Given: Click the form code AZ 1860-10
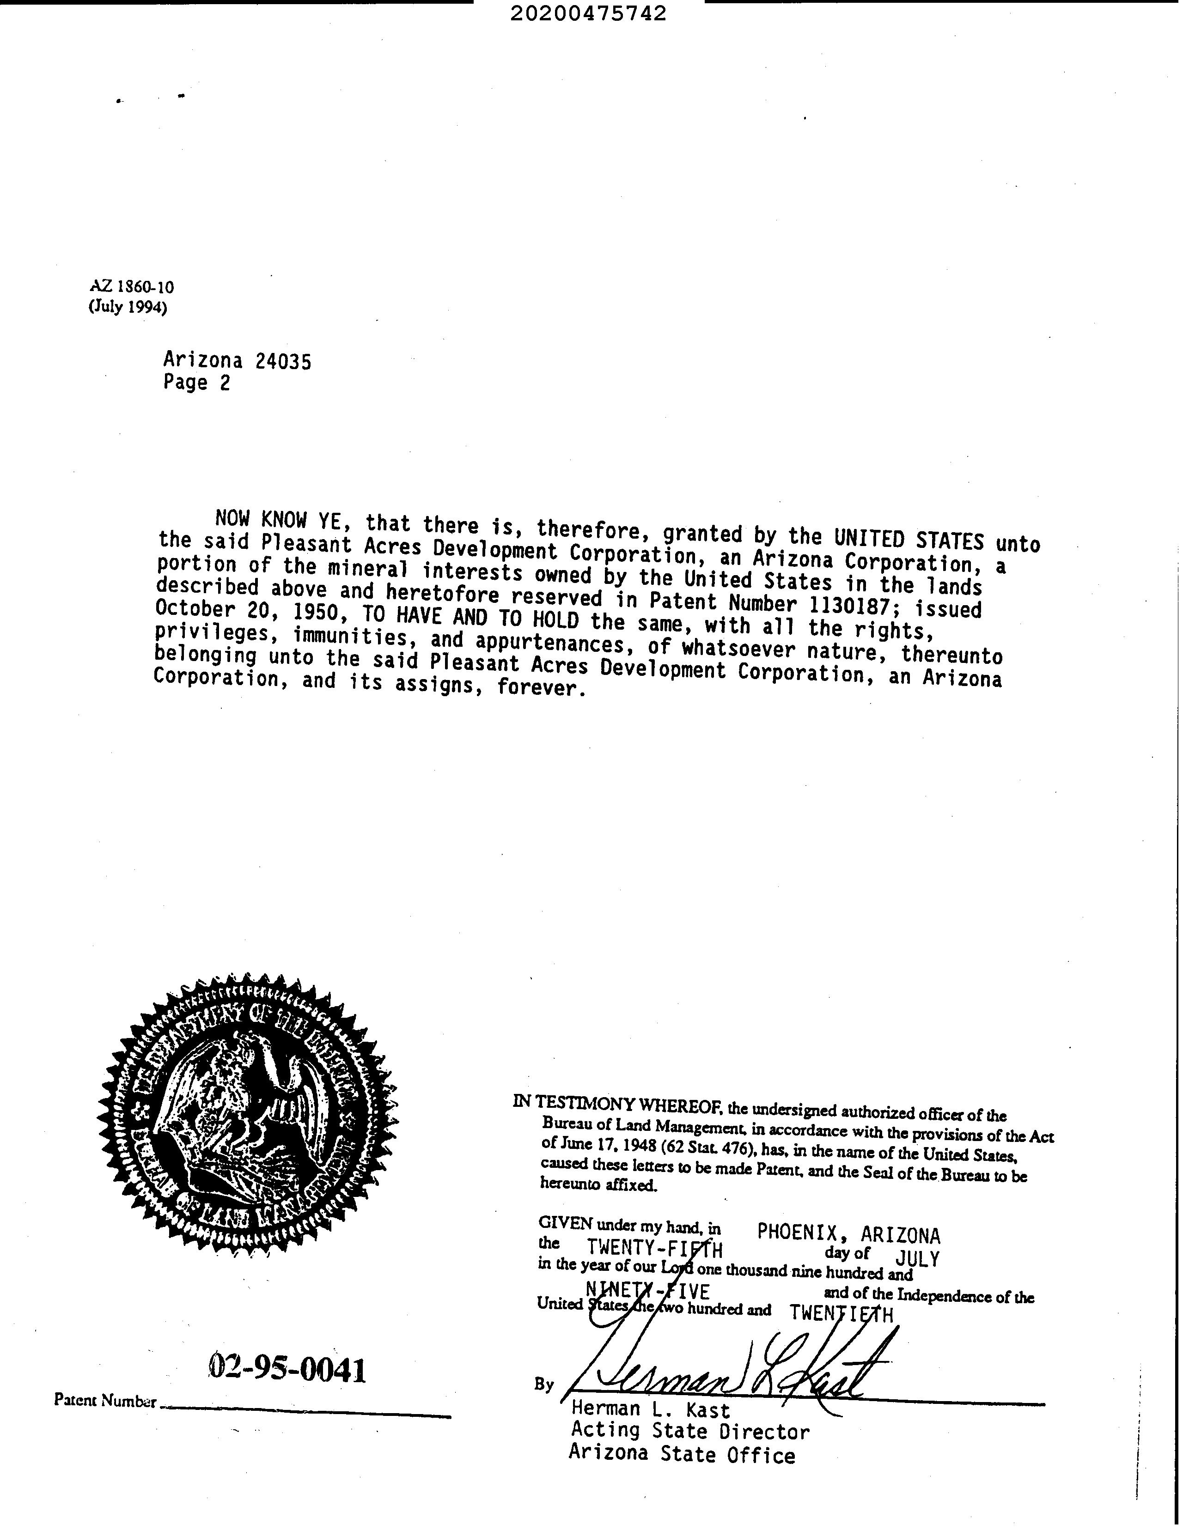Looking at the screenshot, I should [132, 286].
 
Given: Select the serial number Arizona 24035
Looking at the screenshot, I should [237, 361].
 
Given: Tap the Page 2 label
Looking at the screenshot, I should [196, 382].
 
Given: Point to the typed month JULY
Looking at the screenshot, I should [917, 1258].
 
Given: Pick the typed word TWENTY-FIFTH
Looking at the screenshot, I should [654, 1248].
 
